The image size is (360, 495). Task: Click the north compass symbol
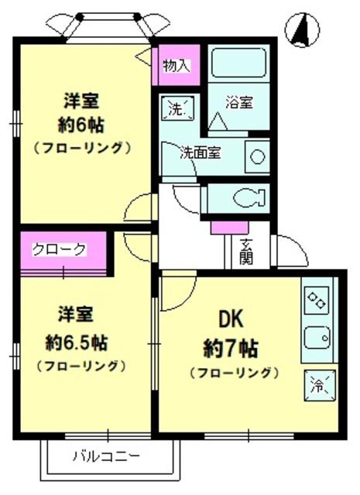tap(302, 30)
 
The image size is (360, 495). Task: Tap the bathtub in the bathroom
tap(238, 63)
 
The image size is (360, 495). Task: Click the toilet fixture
tap(249, 198)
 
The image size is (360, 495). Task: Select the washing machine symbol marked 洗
tap(177, 108)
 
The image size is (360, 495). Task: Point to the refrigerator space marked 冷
tap(320, 385)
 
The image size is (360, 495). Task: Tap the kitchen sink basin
tap(317, 337)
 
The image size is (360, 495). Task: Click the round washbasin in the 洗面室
tap(257, 157)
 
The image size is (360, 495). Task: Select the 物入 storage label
tap(177, 66)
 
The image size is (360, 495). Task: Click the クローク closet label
tap(60, 249)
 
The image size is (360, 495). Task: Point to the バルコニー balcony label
tap(106, 457)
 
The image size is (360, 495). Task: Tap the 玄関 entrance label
tap(245, 251)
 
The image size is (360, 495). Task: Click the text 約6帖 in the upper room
tap(81, 125)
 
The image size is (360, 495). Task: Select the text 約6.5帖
tap(77, 343)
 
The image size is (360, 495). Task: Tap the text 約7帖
tap(231, 348)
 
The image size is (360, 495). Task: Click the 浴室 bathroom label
tap(239, 103)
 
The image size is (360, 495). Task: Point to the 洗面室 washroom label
tap(201, 153)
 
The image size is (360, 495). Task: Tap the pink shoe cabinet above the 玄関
tap(229, 227)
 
